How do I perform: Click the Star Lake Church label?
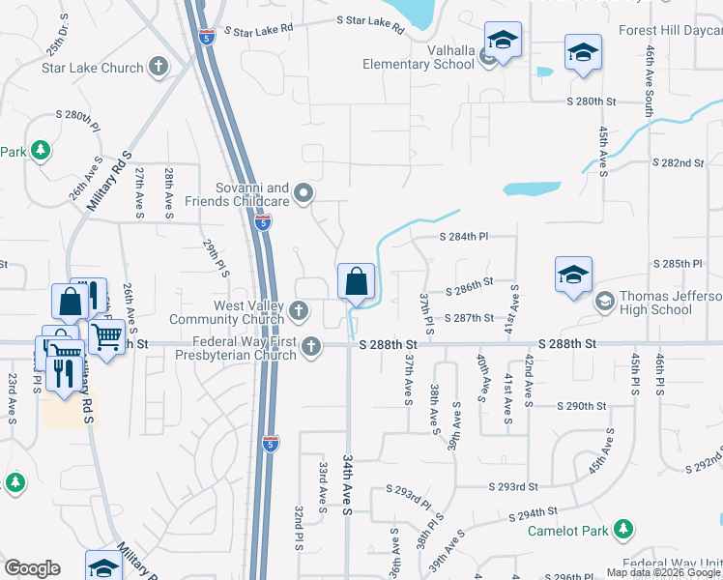point(92,68)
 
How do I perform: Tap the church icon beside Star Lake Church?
point(159,68)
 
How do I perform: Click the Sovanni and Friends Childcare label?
point(251,194)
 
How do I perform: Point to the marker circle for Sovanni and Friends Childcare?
point(304,194)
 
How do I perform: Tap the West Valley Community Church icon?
point(300,311)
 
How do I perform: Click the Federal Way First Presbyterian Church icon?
point(311,346)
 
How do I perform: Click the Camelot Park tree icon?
point(624,530)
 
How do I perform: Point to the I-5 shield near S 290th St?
point(272,444)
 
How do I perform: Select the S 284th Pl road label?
point(464,237)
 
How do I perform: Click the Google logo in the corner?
point(32,568)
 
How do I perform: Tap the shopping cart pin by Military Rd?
point(106,338)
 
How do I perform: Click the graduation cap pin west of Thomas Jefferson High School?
point(573,275)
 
